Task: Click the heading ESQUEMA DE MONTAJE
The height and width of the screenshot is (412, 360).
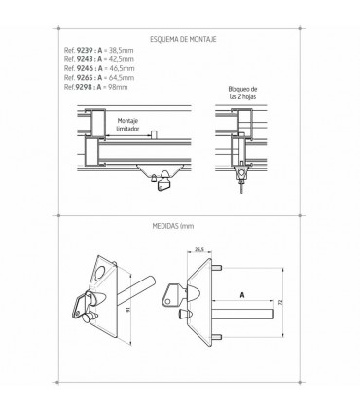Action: (183, 39)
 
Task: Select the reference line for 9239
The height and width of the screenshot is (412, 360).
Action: (99, 50)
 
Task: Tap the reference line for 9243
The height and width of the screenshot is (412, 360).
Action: (99, 59)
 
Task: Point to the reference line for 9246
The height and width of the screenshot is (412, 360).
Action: (99, 68)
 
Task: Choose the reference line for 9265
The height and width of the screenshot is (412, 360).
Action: (99, 77)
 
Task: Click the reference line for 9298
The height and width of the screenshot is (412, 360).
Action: (95, 87)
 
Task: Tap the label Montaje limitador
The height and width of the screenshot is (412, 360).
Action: (127, 125)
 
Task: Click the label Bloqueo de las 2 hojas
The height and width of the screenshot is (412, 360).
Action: (242, 93)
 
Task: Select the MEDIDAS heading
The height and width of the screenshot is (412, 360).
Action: (173, 226)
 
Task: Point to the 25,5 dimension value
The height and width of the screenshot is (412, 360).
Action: (199, 249)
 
